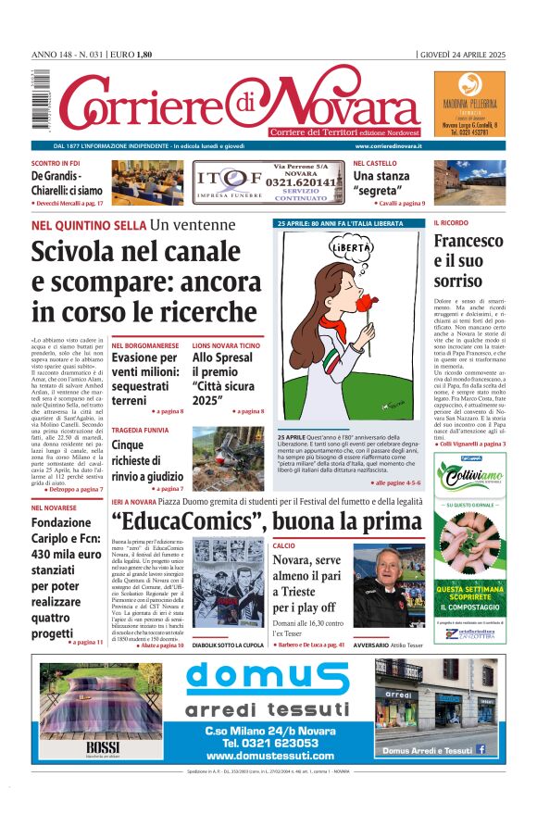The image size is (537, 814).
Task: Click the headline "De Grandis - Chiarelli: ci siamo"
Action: coord(67,182)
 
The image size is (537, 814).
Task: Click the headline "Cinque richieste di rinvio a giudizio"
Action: coord(146,458)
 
